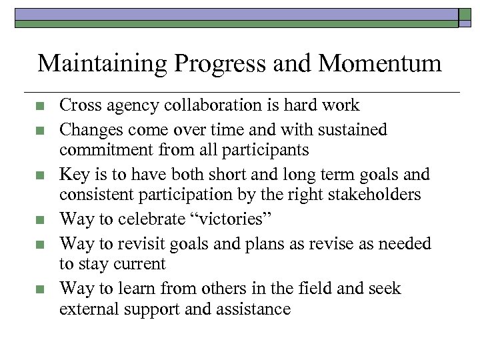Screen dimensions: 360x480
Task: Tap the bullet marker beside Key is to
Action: [39, 175]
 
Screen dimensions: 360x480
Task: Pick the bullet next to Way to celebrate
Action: [39, 219]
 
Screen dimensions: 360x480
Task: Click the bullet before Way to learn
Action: [39, 289]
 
